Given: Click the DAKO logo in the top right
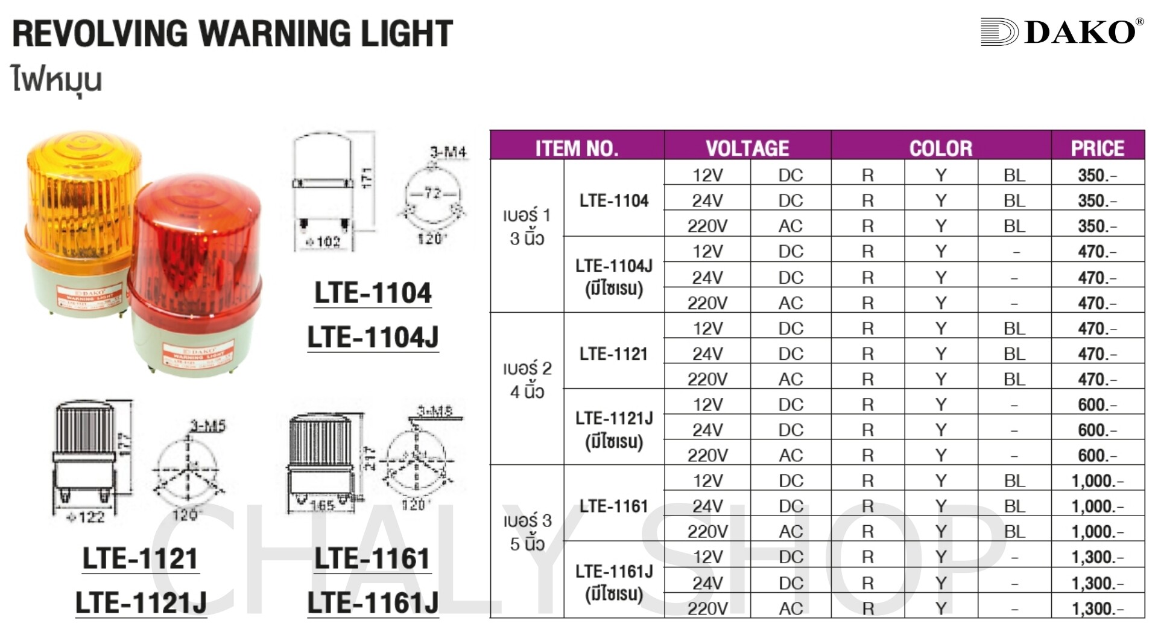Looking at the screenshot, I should click(x=1062, y=32).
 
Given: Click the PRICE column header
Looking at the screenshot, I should click(x=1097, y=148).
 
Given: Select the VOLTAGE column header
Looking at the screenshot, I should click(x=747, y=148).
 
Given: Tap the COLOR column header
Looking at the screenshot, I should click(x=941, y=148).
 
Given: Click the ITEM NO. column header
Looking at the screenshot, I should click(x=577, y=148).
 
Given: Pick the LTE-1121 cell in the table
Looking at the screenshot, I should click(x=613, y=354).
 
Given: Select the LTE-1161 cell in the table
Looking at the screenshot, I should click(x=613, y=506).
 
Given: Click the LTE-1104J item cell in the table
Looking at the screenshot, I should click(x=613, y=276).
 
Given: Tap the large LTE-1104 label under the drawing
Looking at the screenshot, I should click(x=373, y=293).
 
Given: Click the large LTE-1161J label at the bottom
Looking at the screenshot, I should click(x=373, y=603).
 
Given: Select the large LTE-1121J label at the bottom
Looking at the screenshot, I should click(x=141, y=603).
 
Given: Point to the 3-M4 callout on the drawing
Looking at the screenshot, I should click(x=448, y=152).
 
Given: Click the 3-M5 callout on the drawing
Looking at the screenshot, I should click(x=207, y=426).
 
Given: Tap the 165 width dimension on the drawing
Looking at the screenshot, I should click(x=322, y=505).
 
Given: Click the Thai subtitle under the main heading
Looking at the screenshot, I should click(x=57, y=80).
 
